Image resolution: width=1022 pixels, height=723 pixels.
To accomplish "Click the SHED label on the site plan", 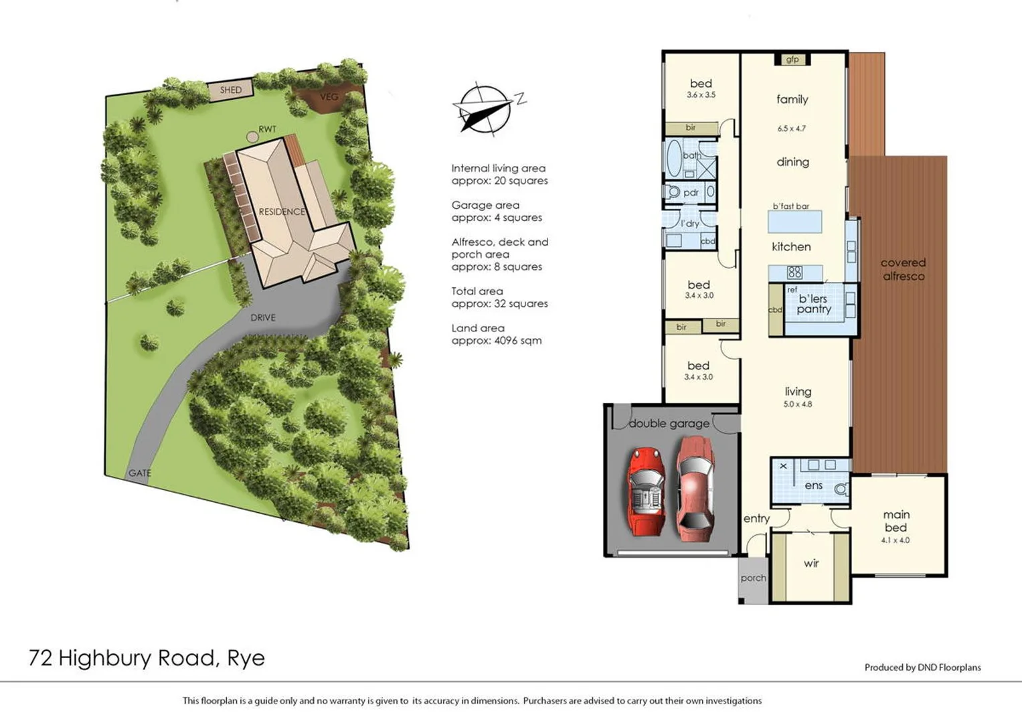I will pyautogui.click(x=231, y=90).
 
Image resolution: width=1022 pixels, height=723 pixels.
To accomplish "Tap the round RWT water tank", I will pyautogui.click(x=252, y=137).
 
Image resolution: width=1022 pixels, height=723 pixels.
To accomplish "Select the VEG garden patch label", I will pyautogui.click(x=329, y=97).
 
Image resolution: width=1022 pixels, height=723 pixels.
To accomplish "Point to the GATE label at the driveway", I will pyautogui.click(x=139, y=473).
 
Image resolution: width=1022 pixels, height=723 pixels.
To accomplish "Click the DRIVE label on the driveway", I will pyautogui.click(x=263, y=317).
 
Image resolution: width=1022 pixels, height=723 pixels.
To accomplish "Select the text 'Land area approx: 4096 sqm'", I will pyautogui.click(x=497, y=334).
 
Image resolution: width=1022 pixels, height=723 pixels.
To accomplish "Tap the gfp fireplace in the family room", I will pyautogui.click(x=792, y=60).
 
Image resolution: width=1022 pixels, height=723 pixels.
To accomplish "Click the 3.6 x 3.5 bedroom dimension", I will pyautogui.click(x=701, y=95).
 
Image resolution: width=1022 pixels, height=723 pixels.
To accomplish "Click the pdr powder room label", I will pyautogui.click(x=691, y=193).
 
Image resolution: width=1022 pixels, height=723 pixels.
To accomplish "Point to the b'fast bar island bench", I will pyautogui.click(x=794, y=221).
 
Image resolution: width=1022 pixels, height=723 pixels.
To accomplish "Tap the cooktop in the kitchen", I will pyautogui.click(x=794, y=272).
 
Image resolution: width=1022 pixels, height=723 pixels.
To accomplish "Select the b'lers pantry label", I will pyautogui.click(x=813, y=304).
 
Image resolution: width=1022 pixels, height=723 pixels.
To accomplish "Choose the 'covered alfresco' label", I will pyautogui.click(x=903, y=269).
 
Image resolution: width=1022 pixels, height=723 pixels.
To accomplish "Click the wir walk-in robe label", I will pyautogui.click(x=811, y=564).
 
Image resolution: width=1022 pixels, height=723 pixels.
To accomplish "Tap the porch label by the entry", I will pyautogui.click(x=753, y=578).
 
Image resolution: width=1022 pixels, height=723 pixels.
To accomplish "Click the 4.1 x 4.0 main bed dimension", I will pyautogui.click(x=896, y=540).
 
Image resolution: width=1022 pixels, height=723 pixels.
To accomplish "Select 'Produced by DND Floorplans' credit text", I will pyautogui.click(x=922, y=667).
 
